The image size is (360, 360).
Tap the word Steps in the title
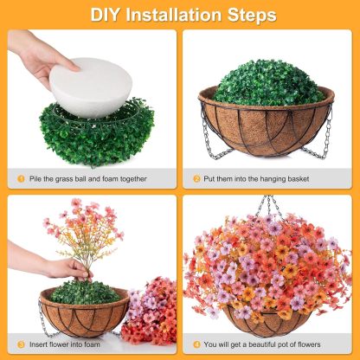[x=252, y=15]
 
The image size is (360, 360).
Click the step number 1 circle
[x=21, y=179]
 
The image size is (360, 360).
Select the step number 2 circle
[x=196, y=179]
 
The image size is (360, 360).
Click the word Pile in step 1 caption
[x=38, y=179]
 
